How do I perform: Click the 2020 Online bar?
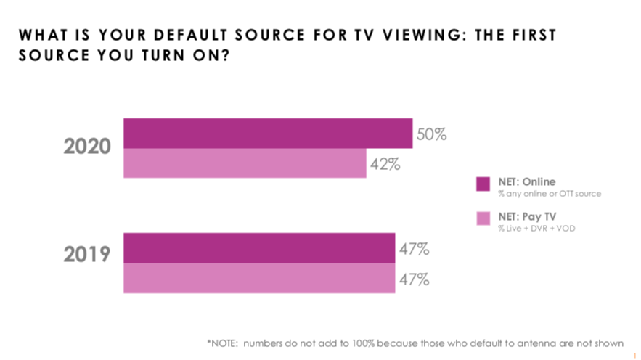(x=268, y=133)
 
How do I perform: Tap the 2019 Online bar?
(x=259, y=248)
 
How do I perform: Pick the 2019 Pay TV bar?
(x=259, y=278)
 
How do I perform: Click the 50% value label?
(x=431, y=134)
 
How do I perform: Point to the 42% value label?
(x=385, y=164)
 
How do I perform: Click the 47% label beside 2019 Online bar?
(x=414, y=249)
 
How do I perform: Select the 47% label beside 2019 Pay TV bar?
(x=414, y=279)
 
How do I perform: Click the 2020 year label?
(x=87, y=147)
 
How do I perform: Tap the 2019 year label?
(x=87, y=255)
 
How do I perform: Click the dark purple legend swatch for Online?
(x=483, y=184)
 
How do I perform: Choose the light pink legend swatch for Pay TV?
(x=483, y=218)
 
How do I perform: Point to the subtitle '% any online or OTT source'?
(x=539, y=194)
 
